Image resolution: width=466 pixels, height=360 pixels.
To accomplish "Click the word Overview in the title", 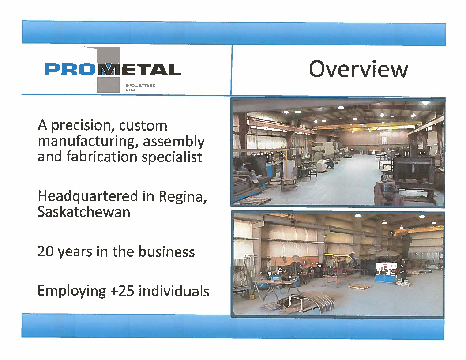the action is click(358, 69).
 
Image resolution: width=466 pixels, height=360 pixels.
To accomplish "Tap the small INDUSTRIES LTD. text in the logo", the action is click(140, 87).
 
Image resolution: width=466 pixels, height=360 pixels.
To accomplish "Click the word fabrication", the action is click(102, 157).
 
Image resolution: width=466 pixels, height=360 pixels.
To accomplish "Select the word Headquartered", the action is click(88, 196).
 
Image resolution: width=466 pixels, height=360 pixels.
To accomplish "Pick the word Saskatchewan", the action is click(84, 212).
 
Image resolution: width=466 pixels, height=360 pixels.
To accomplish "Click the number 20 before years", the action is click(45, 251).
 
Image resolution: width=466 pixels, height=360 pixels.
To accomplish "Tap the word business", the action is click(166, 251).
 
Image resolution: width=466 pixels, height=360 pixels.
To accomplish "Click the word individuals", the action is click(174, 291).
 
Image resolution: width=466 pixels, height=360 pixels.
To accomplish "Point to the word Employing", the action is click(72, 291).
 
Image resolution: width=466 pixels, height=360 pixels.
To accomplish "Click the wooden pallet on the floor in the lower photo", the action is click(360, 286).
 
